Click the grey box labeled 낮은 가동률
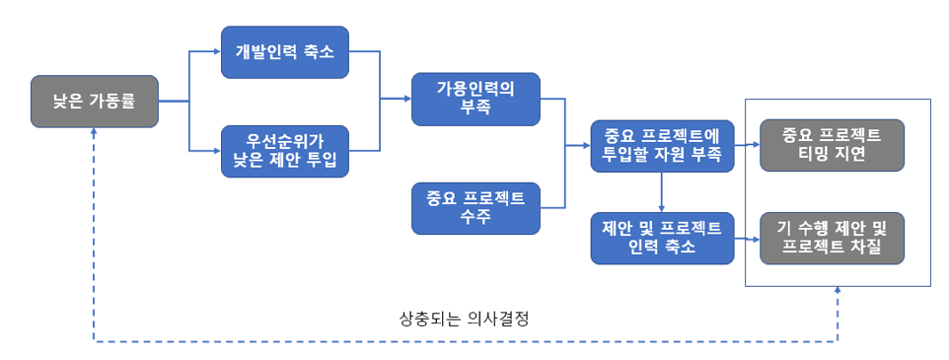[95, 101]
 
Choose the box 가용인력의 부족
[475, 99]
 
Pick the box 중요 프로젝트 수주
[475, 206]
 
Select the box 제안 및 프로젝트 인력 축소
[662, 237]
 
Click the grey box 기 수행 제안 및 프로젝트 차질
[831, 237]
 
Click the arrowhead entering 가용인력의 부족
[405, 99]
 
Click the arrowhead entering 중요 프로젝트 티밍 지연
[754, 144]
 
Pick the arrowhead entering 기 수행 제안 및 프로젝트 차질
[754, 237]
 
